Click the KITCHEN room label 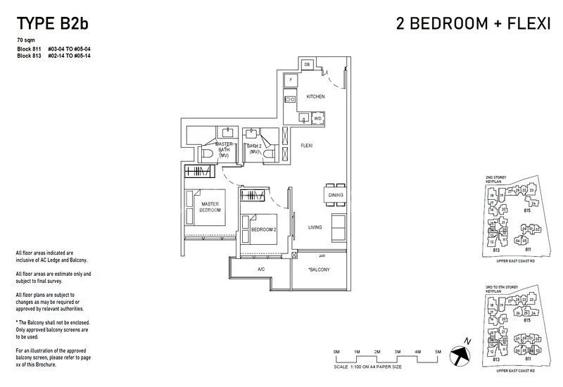coord(315,96)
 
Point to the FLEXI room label coord(307,146)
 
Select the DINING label coord(335,195)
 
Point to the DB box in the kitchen coord(307,65)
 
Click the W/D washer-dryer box coord(317,118)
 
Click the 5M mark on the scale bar coord(438,351)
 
